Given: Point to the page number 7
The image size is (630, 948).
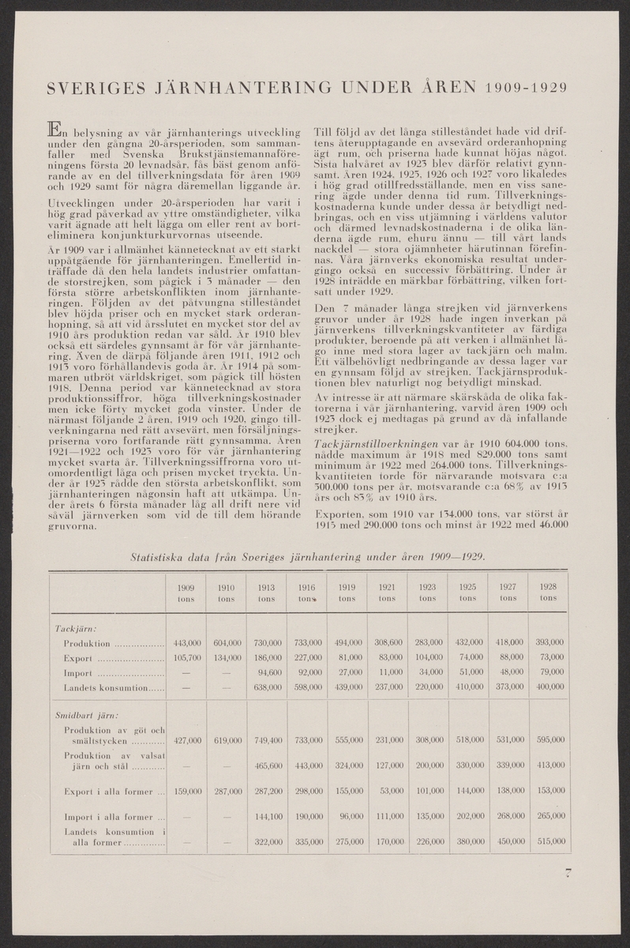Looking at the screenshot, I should tap(567, 873).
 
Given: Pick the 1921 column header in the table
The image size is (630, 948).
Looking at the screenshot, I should tap(386, 592).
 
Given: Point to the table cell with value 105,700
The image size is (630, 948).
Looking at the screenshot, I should tap(186, 658).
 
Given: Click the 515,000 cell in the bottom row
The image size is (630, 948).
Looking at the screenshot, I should tap(547, 842).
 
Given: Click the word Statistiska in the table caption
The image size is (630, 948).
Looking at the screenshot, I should tap(166, 556).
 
